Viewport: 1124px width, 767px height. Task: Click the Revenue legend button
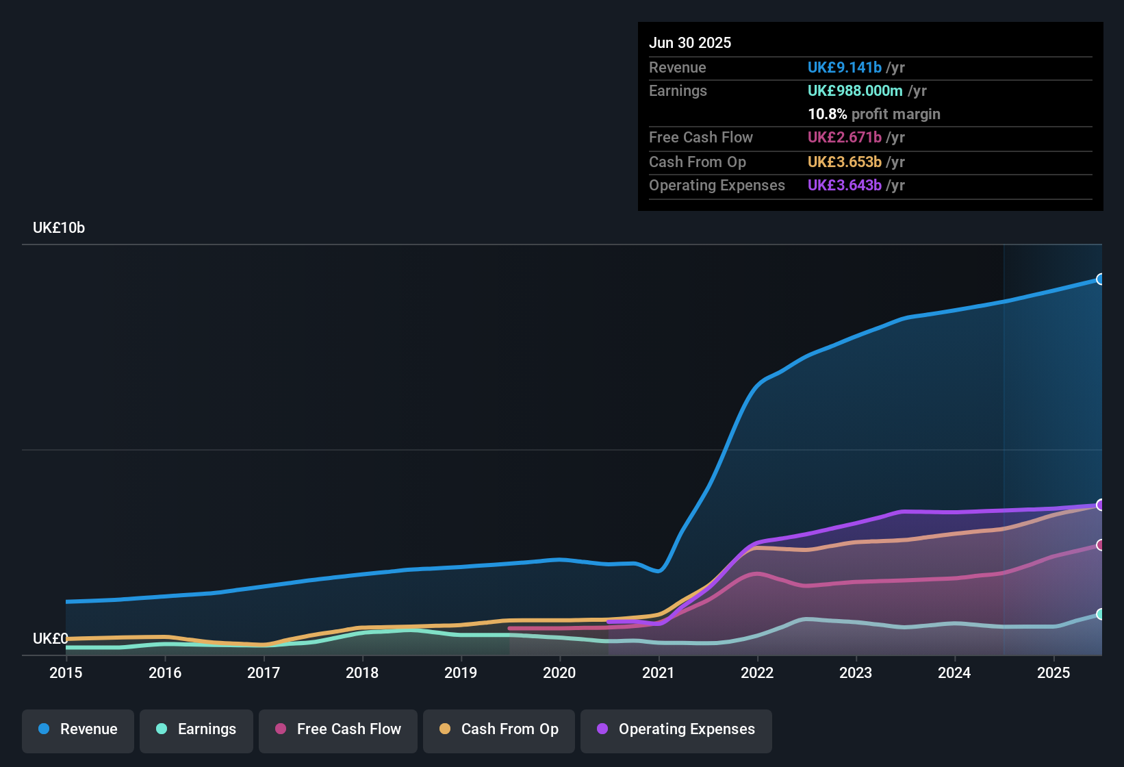[78, 729]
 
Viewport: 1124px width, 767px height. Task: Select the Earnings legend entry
[196, 729]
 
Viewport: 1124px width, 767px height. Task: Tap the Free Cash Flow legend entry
[338, 729]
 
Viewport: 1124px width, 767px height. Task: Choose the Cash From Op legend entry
[499, 729]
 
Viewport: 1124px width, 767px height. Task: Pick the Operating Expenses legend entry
[676, 729]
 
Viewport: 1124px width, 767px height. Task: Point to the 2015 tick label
[66, 672]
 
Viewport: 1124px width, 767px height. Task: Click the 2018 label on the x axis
[362, 672]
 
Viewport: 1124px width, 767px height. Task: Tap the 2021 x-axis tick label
[659, 672]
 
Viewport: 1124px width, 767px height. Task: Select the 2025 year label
[1053, 672]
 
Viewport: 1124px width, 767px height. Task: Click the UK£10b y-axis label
[59, 228]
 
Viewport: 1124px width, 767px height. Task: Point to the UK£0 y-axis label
[50, 639]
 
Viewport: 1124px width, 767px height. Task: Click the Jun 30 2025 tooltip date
[690, 43]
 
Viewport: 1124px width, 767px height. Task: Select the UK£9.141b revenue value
[845, 68]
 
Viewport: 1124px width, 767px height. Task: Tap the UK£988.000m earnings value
[855, 91]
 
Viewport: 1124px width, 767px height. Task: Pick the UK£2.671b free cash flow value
[845, 138]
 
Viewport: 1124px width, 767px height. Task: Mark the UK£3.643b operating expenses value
[845, 186]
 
